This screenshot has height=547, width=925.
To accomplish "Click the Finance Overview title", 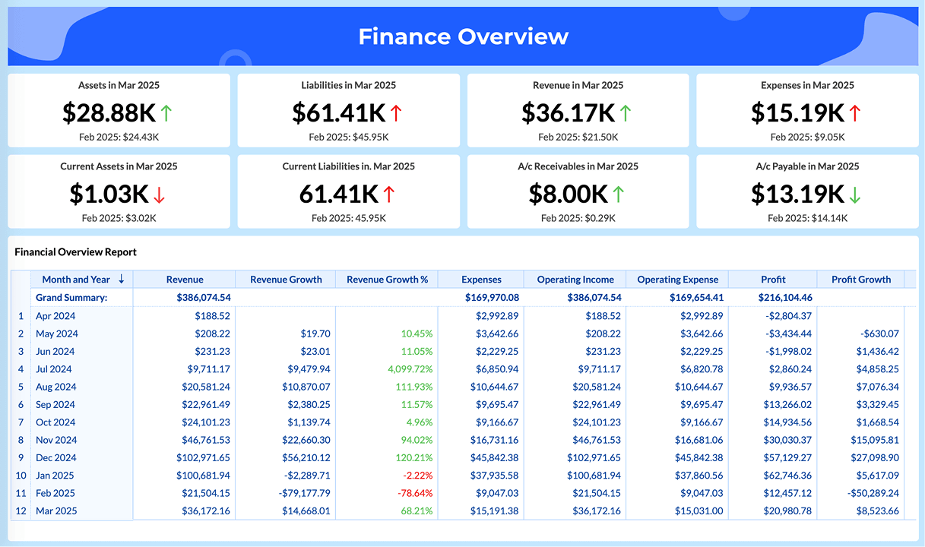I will coord(463,36).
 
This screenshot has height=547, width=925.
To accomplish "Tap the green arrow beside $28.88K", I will coord(166,113).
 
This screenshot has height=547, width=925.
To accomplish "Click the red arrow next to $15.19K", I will coord(855,113).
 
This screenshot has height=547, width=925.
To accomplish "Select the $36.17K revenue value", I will coord(568,113).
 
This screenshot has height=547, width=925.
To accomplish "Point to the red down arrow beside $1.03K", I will coord(159,194).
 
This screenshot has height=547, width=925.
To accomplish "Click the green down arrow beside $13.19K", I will coord(855,194).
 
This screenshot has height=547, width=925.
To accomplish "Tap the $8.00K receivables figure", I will coord(568,194).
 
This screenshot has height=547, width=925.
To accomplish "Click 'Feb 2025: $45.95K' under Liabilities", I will coord(349,138).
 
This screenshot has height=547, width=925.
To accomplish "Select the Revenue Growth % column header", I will coord(387,280).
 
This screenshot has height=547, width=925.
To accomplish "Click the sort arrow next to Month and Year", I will coord(122,280).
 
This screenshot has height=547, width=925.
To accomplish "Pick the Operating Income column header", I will coord(575,280).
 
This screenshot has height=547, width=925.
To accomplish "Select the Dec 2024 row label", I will coord(55,458).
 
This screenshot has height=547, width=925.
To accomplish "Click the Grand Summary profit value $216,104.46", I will coord(785,298).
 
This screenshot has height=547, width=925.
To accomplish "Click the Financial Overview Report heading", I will coord(75,252).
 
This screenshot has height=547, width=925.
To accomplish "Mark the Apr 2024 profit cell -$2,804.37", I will coord(786,316).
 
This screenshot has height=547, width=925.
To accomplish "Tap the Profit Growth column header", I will coord(860,280).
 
